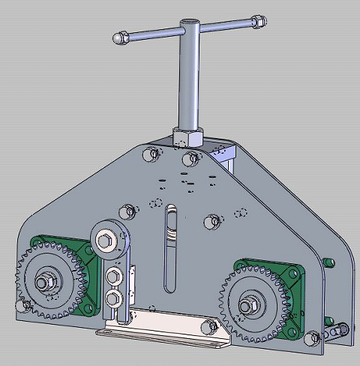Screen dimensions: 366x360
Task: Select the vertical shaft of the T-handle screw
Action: [184, 82]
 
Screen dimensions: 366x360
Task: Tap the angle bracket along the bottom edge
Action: [165, 330]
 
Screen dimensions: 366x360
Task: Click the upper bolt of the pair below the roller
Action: [114, 277]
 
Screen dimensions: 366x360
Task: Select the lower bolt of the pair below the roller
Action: [115, 299]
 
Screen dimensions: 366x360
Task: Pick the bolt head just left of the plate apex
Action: [155, 154]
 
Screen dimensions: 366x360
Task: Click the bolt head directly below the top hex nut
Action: [190, 159]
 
